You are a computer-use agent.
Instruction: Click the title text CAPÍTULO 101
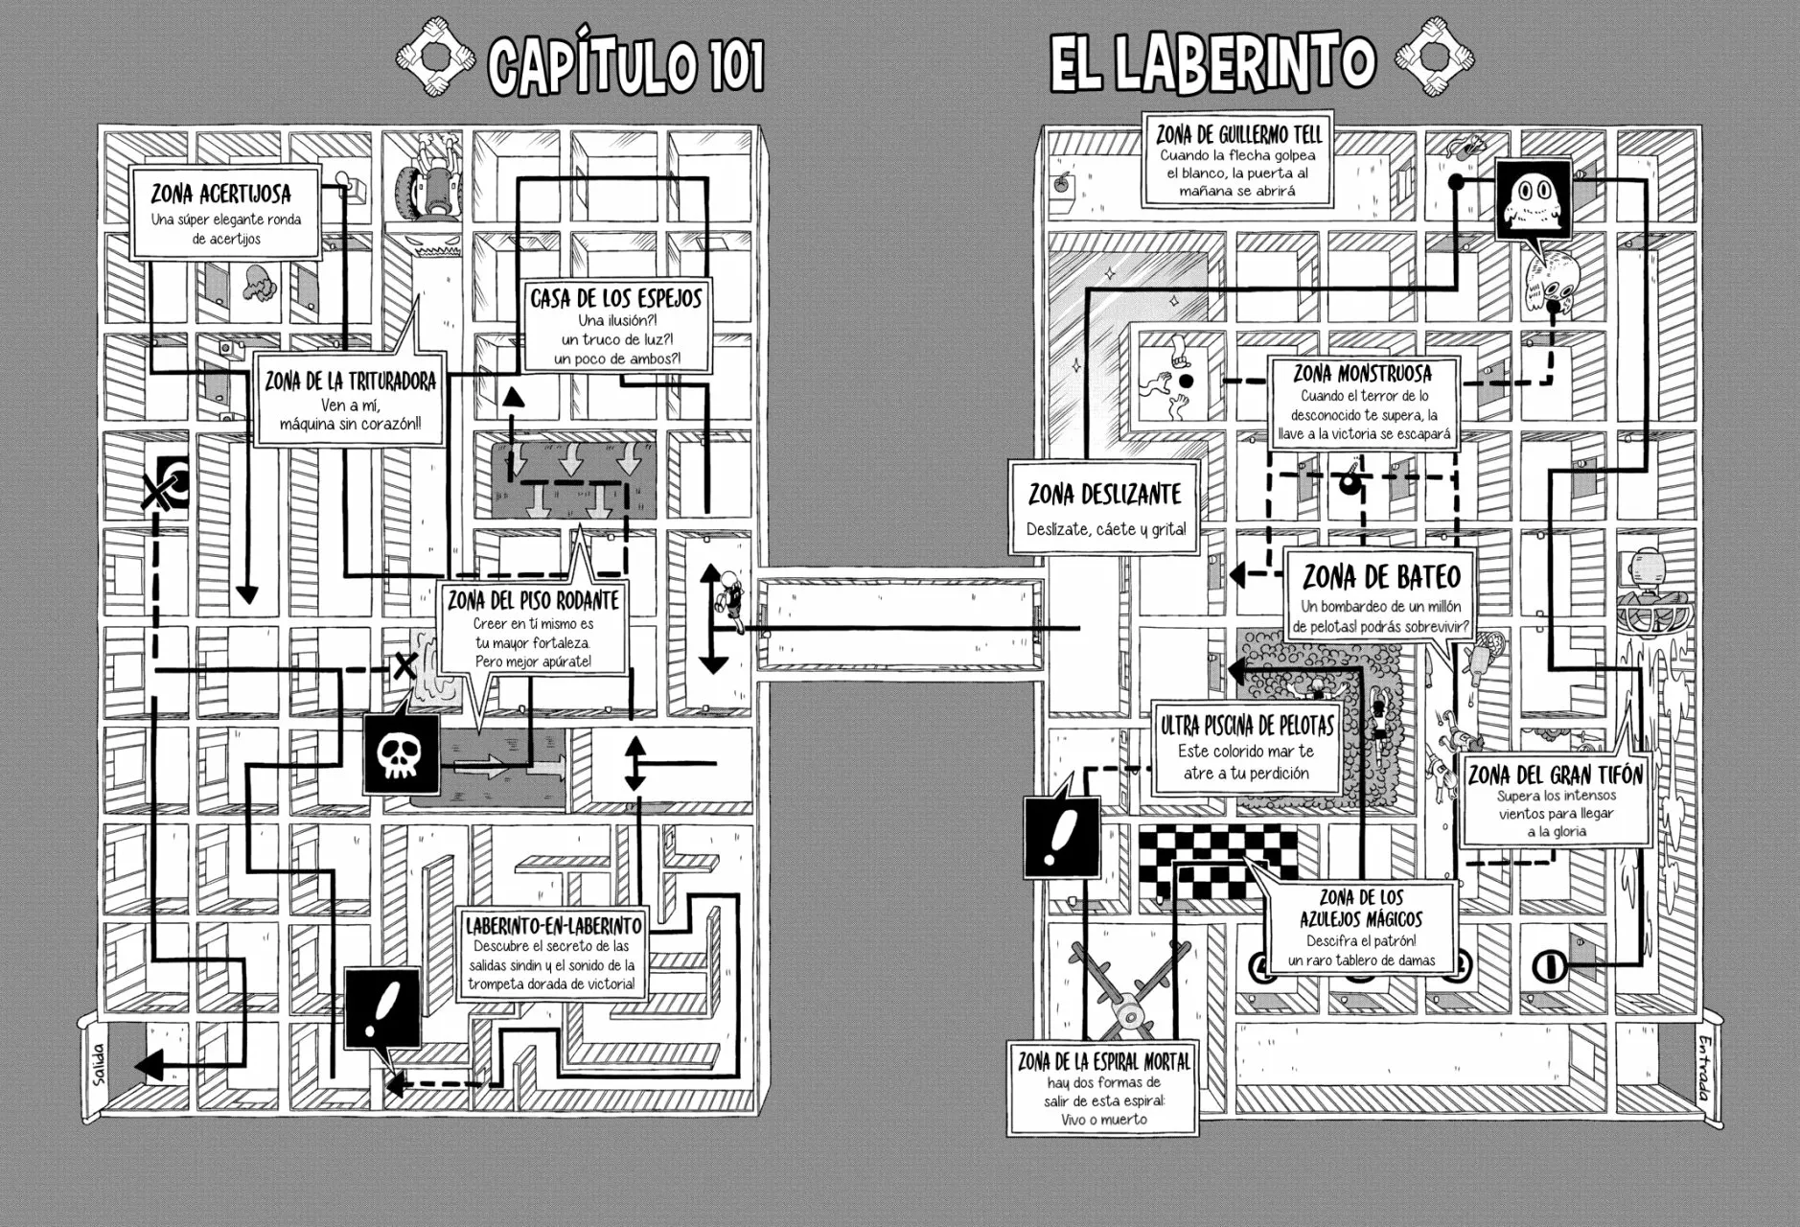click(626, 65)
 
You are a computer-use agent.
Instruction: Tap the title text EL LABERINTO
click(1212, 63)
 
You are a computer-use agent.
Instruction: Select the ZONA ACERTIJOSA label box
click(225, 214)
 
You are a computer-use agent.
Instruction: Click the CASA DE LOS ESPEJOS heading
click(616, 298)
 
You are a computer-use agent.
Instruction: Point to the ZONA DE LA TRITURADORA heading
click(350, 381)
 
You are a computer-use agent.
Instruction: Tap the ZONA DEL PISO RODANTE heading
click(533, 601)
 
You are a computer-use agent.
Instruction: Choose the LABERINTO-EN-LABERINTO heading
click(553, 925)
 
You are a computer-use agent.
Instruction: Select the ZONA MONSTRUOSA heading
click(1362, 373)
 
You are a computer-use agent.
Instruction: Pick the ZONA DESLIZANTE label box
click(1104, 507)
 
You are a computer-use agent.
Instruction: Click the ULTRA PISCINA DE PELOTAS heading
click(1247, 727)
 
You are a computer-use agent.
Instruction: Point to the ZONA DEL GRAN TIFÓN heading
click(1555, 774)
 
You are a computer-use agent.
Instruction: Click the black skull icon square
click(401, 754)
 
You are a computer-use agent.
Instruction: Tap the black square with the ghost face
click(1534, 199)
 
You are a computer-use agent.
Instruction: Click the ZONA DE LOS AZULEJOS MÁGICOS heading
click(1361, 908)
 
